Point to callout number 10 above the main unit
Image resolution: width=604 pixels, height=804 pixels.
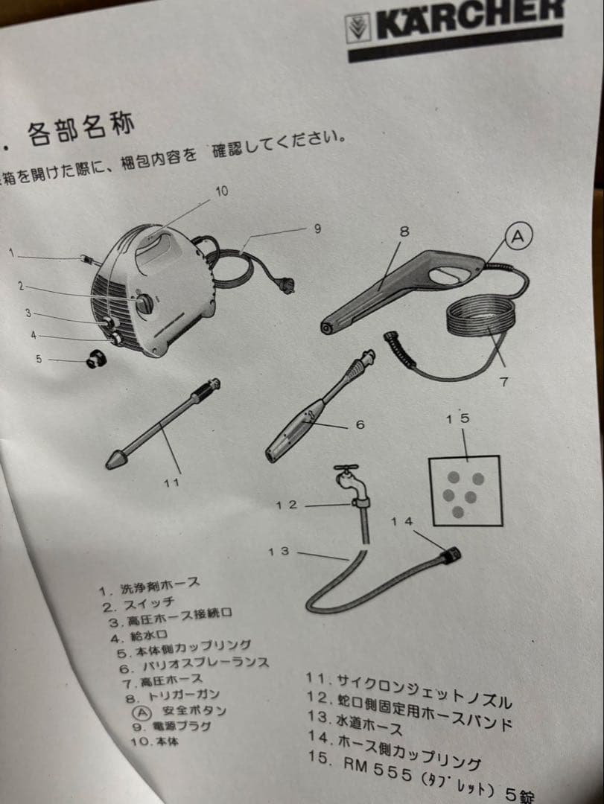coord(222,191)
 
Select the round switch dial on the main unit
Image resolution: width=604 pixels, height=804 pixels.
coord(143,303)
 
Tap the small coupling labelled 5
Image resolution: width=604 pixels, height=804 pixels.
coord(95,360)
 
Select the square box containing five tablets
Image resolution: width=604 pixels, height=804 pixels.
coord(465,491)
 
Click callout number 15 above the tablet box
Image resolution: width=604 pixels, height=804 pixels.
coord(458,418)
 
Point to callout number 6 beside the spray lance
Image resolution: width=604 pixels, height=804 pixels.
coord(360,424)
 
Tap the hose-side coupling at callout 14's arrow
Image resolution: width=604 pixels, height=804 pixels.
coord(451,555)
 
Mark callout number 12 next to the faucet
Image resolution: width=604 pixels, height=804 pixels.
coord(286,505)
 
